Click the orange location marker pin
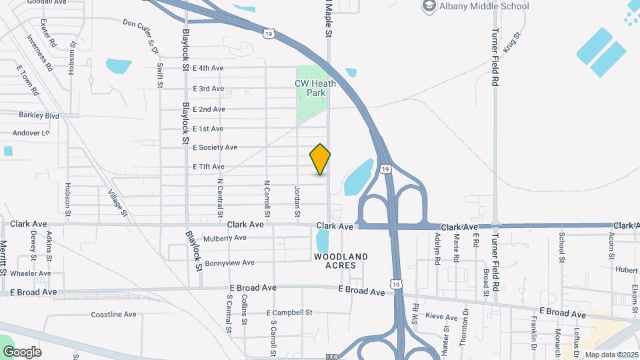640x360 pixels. pyautogui.click(x=321, y=159)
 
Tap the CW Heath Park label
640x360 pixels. pyautogui.click(x=311, y=88)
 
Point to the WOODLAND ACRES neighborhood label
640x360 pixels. pyautogui.click(x=341, y=261)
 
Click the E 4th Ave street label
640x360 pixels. pyautogui.click(x=208, y=68)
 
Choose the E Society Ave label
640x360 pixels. pyautogui.click(x=215, y=147)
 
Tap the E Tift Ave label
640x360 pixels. pyautogui.click(x=209, y=167)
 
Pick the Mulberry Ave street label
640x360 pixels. pyautogui.click(x=225, y=238)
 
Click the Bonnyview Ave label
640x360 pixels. pyautogui.click(x=230, y=263)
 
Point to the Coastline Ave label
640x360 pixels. pyautogui.click(x=113, y=314)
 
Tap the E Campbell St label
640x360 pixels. pyautogui.click(x=289, y=312)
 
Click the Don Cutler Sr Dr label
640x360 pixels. pyautogui.click(x=141, y=31)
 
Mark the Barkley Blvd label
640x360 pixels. pyautogui.click(x=39, y=115)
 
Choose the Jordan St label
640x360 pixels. pyautogui.click(x=297, y=201)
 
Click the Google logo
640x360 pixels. pyautogui.click(x=22, y=352)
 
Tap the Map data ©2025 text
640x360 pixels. pyautogui.click(x=611, y=355)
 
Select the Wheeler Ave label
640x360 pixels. pyautogui.click(x=31, y=273)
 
